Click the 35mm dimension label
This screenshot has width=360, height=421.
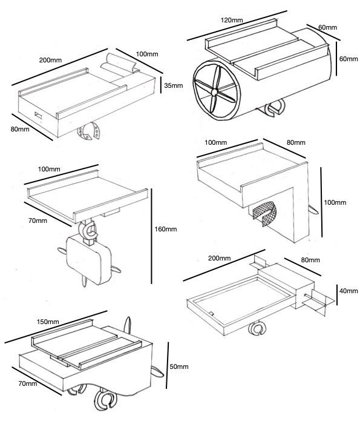173,85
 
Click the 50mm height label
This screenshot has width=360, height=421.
178,366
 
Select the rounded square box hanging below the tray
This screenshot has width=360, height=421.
87,257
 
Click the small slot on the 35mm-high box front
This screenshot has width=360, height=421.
38,115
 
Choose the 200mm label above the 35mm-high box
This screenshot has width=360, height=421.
50,60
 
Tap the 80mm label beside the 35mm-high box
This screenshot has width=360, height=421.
21,129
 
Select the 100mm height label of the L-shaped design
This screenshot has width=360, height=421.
336,202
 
